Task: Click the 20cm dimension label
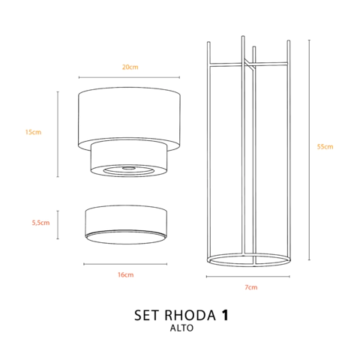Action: pos(130,67)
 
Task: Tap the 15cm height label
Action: pos(33,132)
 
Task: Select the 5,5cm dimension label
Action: pos(40,223)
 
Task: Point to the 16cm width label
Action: pos(125,274)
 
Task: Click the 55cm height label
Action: pos(325,147)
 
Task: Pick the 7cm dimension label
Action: pos(250,287)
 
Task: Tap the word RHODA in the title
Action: pos(190,315)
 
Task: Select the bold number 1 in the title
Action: pos(226,315)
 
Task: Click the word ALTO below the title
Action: pos(181,328)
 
